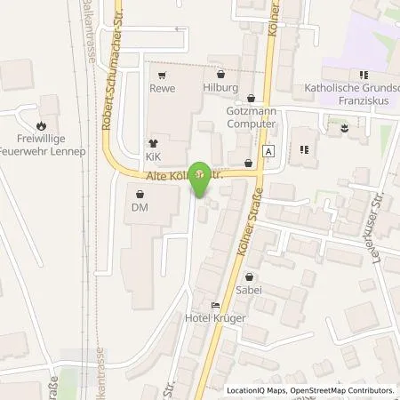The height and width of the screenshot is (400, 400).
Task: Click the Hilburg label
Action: pos(220,89)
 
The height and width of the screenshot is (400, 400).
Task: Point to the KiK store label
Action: pos(153,156)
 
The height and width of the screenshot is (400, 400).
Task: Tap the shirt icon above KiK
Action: pos(153,142)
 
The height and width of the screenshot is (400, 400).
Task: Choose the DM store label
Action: pos(139,207)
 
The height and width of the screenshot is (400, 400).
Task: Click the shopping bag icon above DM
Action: pos(139,194)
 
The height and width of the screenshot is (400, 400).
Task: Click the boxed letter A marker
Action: pos(268,150)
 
